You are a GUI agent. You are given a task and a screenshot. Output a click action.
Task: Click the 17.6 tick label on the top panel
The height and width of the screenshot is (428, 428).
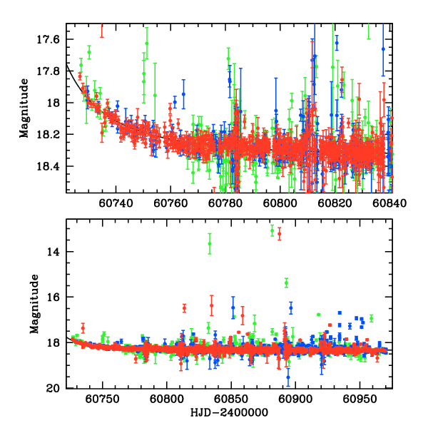pyautogui.click(x=51, y=39)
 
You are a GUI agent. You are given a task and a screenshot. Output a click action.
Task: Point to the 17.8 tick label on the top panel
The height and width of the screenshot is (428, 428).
pyautogui.click(x=51, y=71)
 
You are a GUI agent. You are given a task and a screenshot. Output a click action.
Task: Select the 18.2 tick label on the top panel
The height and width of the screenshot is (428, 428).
pyautogui.click(x=51, y=134)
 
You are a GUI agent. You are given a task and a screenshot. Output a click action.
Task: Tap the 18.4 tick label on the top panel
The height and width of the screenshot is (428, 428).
pyautogui.click(x=51, y=166)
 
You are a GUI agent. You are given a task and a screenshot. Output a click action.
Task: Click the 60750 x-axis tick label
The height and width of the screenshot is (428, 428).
pyautogui.click(x=103, y=399)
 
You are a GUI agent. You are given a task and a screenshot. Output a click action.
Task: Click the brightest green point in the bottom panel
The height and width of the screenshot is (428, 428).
pyautogui.click(x=272, y=230)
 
